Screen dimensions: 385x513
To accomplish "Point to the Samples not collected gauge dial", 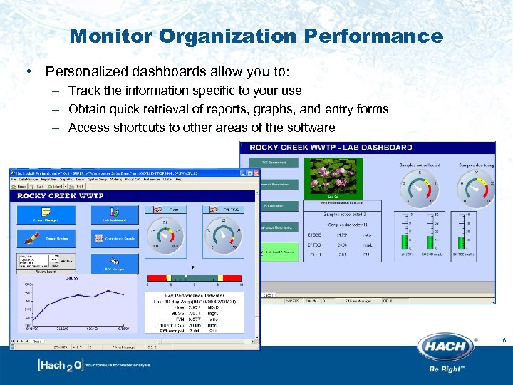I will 420,187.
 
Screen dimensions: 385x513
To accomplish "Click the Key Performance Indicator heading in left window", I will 194,294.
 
